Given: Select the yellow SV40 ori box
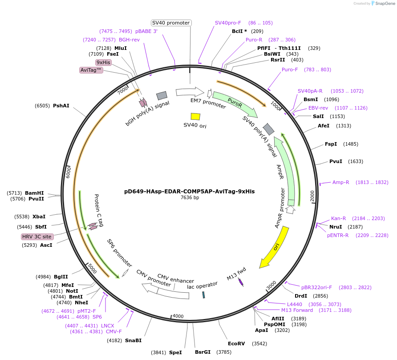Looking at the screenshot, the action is pyautogui.click(x=195, y=116).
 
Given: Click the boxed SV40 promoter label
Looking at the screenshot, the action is pyautogui.click(x=171, y=23).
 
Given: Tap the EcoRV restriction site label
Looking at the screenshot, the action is pyautogui.click(x=236, y=344).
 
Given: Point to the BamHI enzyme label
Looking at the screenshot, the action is pyautogui.click(x=34, y=193).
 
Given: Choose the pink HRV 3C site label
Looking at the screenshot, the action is pyautogui.click(x=34, y=237).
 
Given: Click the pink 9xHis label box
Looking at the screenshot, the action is pyautogui.click(x=103, y=62).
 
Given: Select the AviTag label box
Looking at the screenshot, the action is pyautogui.click(x=91, y=70).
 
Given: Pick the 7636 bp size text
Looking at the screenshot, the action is pyautogui.click(x=190, y=197).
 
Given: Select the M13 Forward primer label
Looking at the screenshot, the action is pyautogui.click(x=297, y=310).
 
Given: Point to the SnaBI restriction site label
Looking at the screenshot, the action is pyautogui.click(x=133, y=340).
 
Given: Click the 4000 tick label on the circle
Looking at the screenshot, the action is pyautogui.click(x=178, y=316).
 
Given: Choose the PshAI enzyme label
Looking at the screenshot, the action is pyautogui.click(x=61, y=106).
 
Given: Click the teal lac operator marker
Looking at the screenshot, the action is pyautogui.click(x=204, y=295).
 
